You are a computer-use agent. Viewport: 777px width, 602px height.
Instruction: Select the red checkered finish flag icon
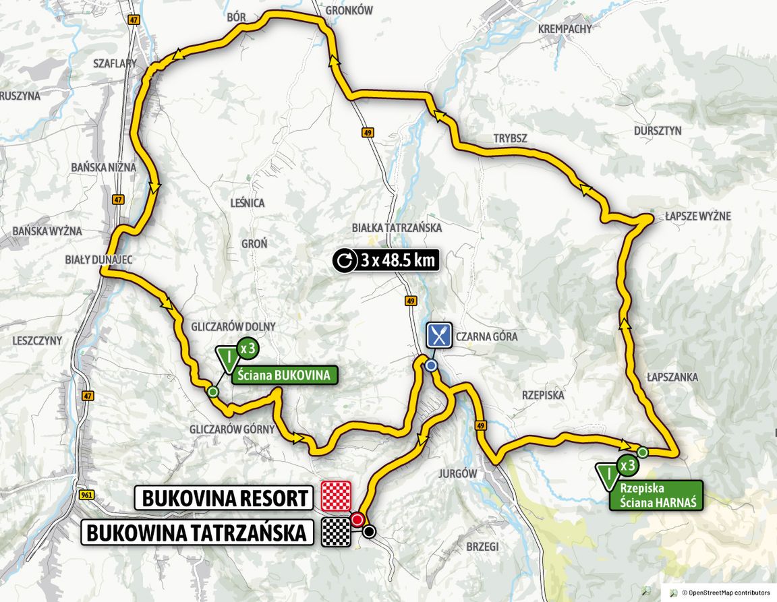click(337, 495)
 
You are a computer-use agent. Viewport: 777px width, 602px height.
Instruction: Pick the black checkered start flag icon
click(337, 532)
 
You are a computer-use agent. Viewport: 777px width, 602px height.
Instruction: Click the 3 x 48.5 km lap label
click(386, 260)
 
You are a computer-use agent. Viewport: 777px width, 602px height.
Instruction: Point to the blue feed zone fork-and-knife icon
click(438, 334)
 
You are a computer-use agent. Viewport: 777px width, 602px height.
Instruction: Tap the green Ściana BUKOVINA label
click(285, 375)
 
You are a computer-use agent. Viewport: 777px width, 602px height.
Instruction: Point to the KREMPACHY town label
click(565, 29)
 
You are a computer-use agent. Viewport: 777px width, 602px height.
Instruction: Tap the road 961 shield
click(86, 494)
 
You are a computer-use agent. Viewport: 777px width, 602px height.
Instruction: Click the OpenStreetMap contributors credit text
click(726, 593)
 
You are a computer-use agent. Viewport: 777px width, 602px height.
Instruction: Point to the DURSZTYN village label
click(658, 131)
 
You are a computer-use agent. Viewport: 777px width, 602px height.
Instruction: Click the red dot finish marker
click(357, 519)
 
